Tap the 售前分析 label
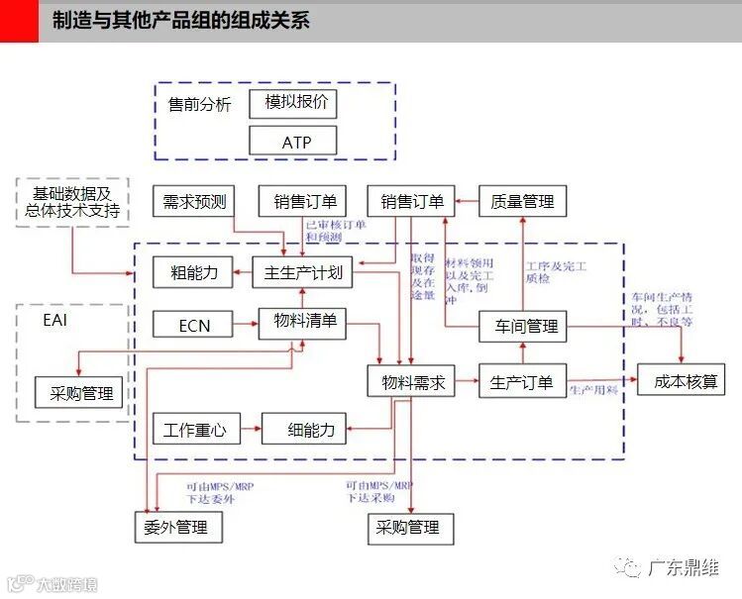(199, 104)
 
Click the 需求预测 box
(194, 202)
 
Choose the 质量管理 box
(521, 202)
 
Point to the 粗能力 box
(193, 271)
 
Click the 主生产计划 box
(302, 271)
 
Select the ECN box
(194, 325)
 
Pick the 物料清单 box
(302, 323)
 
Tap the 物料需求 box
(412, 381)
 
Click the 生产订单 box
(521, 381)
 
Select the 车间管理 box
(521, 325)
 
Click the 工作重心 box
(194, 430)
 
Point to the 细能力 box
(304, 430)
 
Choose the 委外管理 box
(177, 527)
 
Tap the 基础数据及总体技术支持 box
(72, 202)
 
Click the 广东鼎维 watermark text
(683, 568)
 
